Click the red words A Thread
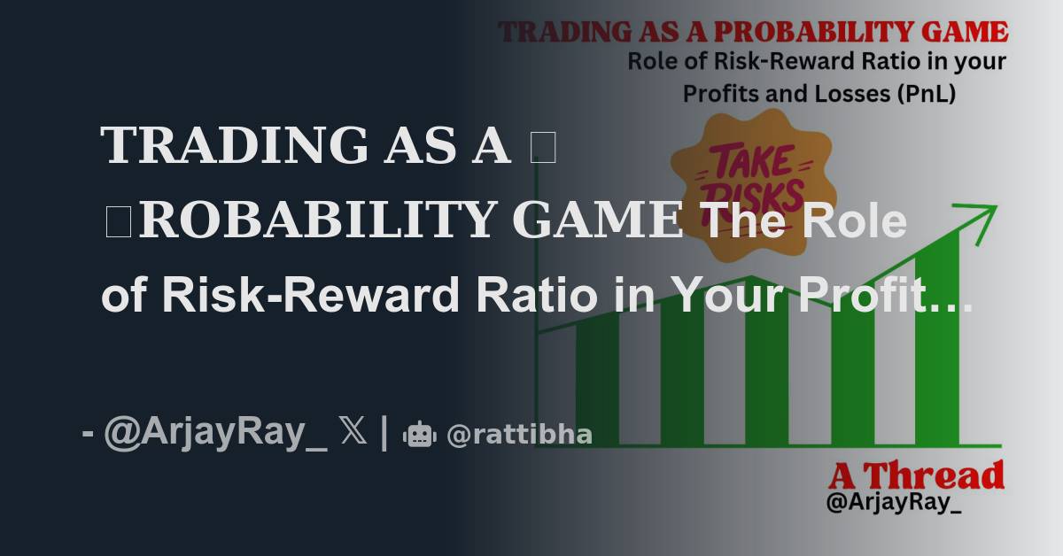coord(916,476)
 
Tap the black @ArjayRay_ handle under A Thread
coord(894,504)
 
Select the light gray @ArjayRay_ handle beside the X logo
coord(215,434)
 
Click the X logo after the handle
coord(353,433)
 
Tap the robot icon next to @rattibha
coord(420,435)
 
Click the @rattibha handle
coord(519,435)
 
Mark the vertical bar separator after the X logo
coord(384,434)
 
